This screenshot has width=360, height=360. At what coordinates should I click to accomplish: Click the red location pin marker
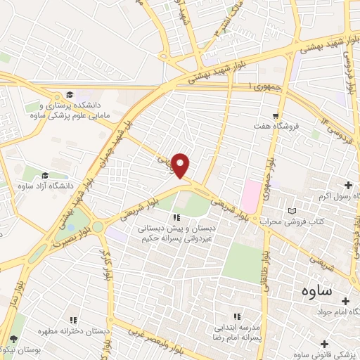point(181,165)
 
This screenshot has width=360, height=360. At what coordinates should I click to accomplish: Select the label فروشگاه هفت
point(277,126)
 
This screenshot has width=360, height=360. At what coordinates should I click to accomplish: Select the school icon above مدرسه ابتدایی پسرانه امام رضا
point(237,317)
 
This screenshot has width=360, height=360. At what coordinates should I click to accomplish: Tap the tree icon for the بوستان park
point(14,340)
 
